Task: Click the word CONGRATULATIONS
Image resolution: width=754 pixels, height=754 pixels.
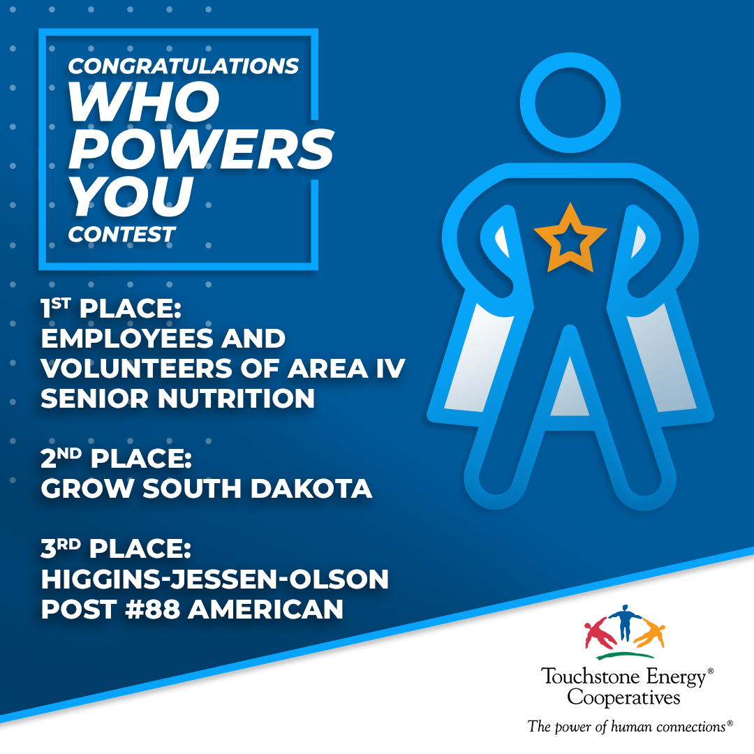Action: [x=183, y=66]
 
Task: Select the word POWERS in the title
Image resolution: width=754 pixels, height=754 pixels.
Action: [x=201, y=149]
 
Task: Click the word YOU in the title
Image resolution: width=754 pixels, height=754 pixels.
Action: [x=131, y=195]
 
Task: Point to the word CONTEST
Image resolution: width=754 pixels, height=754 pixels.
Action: [x=121, y=235]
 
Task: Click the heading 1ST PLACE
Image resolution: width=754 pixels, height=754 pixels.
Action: [x=111, y=308]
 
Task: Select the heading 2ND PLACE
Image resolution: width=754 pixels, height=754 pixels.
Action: [x=117, y=458]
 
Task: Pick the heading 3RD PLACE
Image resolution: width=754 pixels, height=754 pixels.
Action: [x=116, y=548]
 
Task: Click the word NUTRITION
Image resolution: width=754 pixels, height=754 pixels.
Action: [x=236, y=398]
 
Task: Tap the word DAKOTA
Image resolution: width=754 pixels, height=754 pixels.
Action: [x=311, y=489]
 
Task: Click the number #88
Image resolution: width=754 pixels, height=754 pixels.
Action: [x=152, y=609]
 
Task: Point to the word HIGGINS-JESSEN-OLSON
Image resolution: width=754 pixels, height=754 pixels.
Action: [x=214, y=579]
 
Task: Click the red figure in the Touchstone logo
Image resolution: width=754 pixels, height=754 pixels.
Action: [x=600, y=635]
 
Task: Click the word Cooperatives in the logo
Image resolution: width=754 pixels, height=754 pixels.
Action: [x=623, y=697]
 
